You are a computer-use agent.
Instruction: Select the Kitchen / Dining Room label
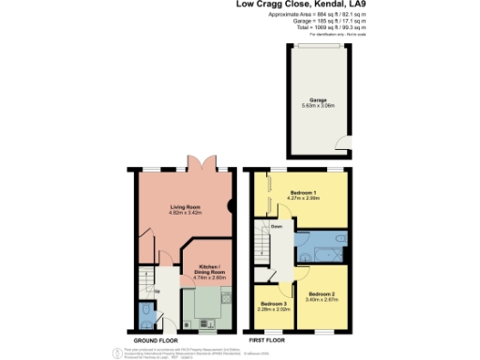point(205,268)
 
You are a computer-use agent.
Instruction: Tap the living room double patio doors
point(199,163)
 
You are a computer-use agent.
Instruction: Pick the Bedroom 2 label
point(322,294)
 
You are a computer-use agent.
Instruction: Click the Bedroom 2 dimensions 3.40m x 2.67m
point(322,301)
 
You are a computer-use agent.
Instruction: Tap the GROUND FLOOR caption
point(156,340)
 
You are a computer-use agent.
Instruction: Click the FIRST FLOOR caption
point(266,340)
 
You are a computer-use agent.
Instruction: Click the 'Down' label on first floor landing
point(277,226)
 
